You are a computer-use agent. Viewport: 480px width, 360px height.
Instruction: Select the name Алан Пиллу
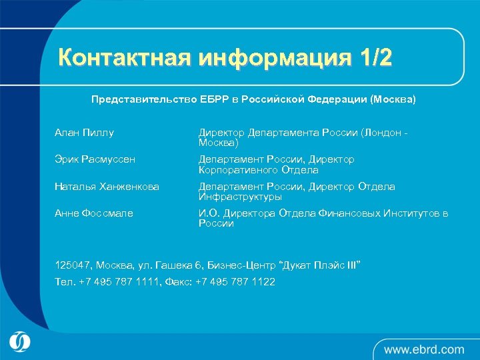pos(84,133)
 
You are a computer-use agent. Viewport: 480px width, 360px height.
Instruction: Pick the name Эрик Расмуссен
pos(95,159)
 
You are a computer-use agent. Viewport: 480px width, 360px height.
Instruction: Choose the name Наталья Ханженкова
pos(107,187)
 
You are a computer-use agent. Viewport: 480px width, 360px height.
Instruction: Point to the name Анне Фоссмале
pos(93,213)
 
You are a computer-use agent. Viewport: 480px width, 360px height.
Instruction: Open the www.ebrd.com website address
pos(424,349)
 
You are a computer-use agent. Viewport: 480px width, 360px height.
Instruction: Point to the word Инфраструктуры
pos(240,197)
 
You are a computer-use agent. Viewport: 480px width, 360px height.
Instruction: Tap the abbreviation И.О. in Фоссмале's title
pos(209,213)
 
